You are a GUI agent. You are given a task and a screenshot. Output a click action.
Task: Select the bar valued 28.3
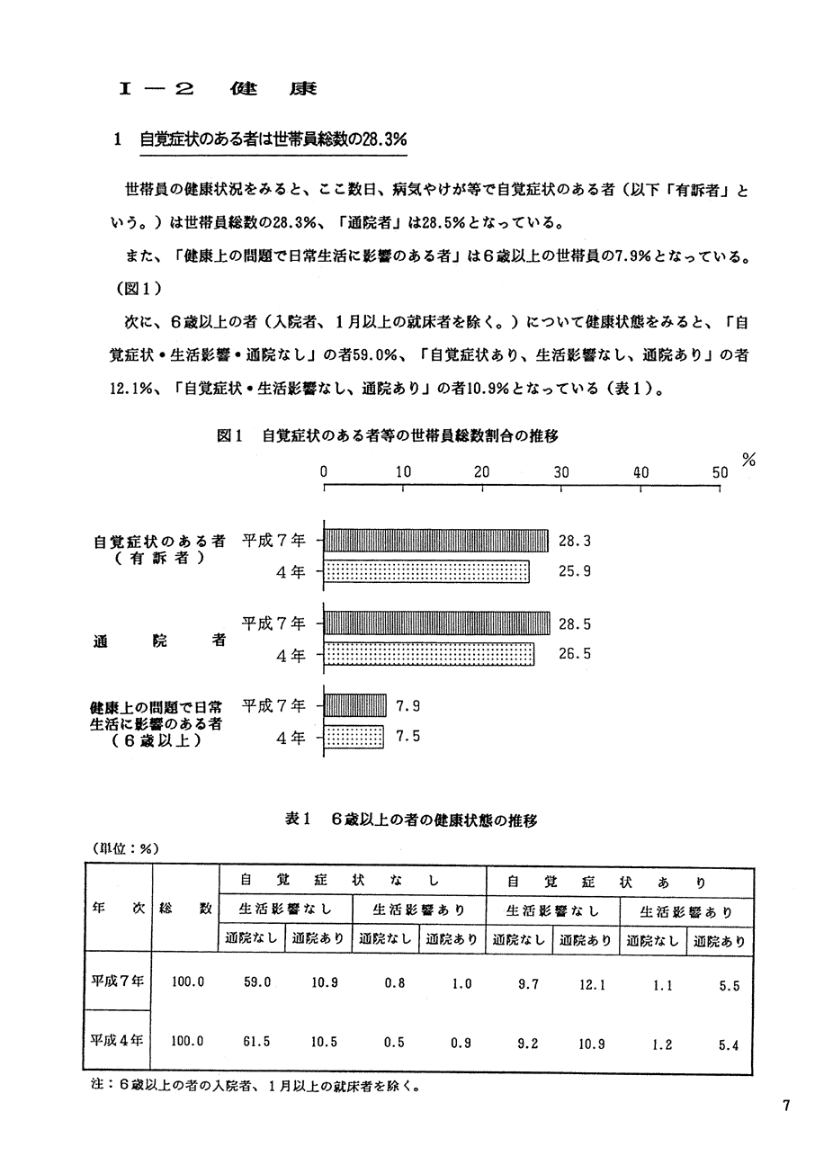point(435,541)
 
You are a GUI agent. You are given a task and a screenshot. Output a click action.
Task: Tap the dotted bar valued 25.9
point(426,571)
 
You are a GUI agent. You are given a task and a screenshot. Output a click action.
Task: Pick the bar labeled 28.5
point(436,623)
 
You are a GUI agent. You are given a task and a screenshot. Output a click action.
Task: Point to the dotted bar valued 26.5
point(428,654)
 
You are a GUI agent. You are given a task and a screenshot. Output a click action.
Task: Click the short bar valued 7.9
point(354,706)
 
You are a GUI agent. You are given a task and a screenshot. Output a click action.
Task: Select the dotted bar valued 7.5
point(353,737)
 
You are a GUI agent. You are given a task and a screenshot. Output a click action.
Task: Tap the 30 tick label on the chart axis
point(561,471)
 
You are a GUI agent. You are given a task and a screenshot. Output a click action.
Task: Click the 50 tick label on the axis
point(720,471)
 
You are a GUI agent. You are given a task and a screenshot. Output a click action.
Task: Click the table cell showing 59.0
point(257,983)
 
